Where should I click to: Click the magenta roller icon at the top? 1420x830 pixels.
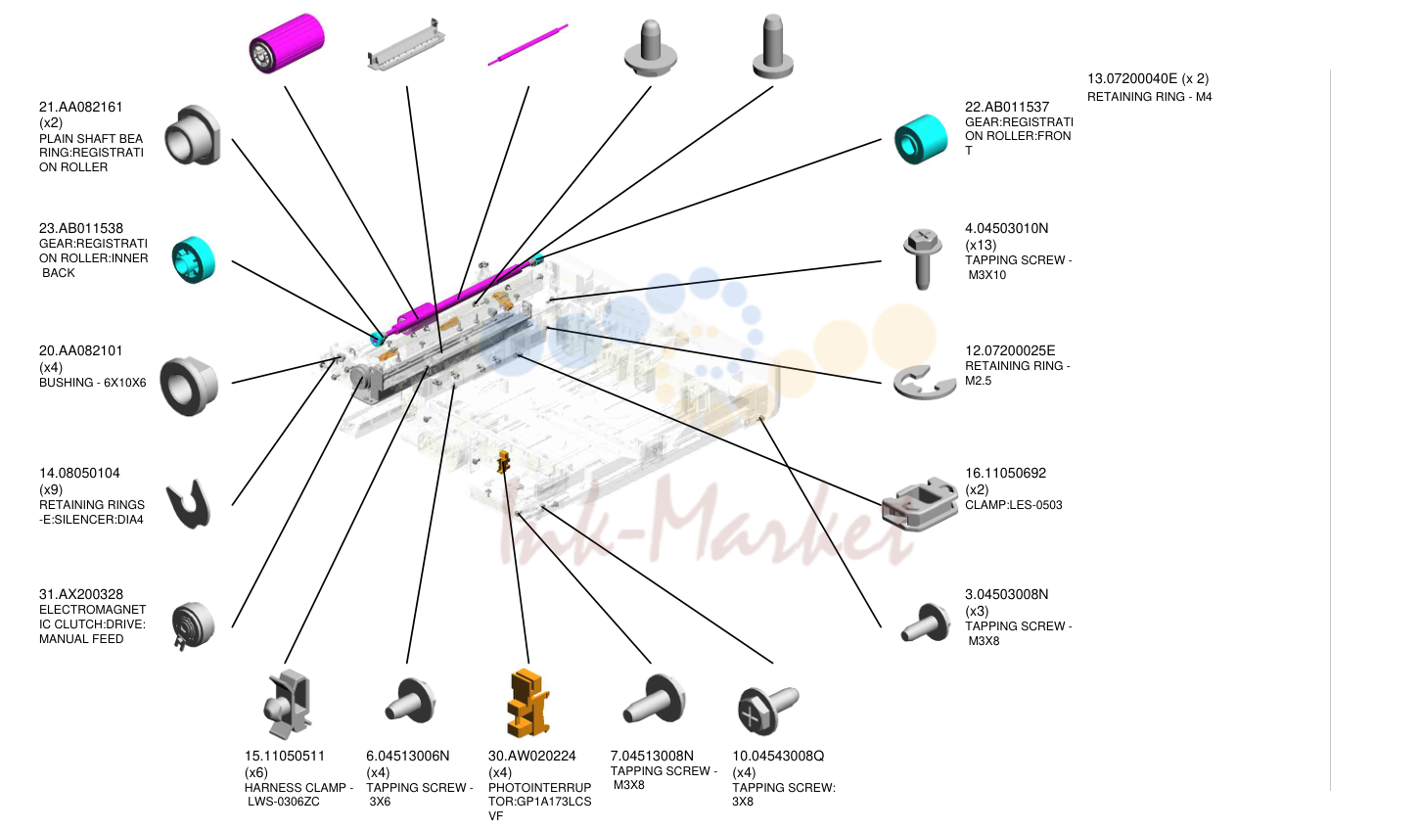287,43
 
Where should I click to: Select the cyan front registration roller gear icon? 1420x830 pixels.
921,139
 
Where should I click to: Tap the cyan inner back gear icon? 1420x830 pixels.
194,260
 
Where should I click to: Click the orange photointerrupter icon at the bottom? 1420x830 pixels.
528,703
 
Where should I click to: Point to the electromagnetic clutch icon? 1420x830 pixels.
194,625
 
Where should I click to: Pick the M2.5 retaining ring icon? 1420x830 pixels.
925,384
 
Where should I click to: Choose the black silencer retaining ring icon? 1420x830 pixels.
188,505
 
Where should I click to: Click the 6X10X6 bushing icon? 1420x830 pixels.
189,387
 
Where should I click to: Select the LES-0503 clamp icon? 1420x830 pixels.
920,504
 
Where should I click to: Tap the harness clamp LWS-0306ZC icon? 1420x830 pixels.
287,704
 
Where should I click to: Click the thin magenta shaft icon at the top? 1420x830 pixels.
527,45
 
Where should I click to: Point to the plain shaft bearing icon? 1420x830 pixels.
193,135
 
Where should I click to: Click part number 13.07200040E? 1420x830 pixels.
1132,78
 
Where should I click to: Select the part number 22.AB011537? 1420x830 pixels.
1007,107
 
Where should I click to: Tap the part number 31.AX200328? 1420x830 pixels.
81,594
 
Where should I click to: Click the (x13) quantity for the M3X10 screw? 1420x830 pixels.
981,245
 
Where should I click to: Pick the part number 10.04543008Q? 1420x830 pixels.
778,756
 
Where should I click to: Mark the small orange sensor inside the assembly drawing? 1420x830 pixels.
503,462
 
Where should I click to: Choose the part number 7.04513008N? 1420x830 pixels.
652,756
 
